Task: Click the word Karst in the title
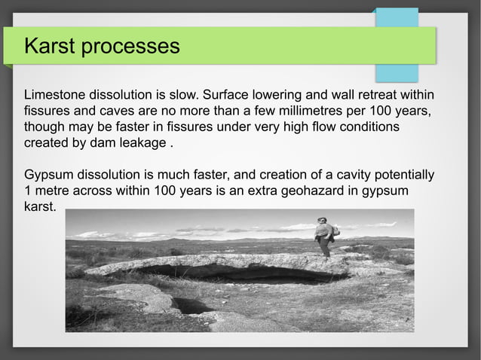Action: click(x=50, y=47)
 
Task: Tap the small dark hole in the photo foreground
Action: click(x=191, y=306)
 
